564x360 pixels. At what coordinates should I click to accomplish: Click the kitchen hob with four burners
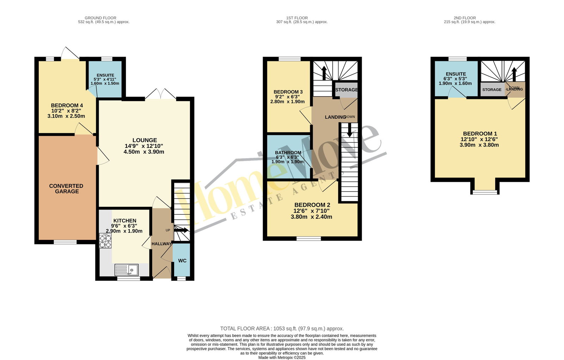[x=105, y=241]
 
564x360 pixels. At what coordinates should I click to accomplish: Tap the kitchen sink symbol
[x=127, y=270]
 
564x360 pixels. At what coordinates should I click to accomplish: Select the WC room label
[x=182, y=261]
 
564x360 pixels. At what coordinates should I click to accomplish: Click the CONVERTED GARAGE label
[x=66, y=189]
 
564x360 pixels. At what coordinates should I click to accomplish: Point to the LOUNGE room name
[x=145, y=140]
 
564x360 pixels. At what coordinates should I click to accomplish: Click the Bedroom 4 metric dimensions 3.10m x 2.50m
[x=66, y=116]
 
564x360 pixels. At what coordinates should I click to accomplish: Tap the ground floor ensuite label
[x=105, y=75]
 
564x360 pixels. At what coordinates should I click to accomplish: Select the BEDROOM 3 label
[x=288, y=92]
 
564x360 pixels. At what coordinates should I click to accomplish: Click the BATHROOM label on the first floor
[x=288, y=153]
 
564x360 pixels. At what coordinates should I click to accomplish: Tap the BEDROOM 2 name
[x=312, y=205]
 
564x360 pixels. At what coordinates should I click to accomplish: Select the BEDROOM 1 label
[x=480, y=134]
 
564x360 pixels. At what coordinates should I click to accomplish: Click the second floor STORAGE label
[x=492, y=90]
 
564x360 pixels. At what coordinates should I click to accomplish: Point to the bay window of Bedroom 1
[x=485, y=192]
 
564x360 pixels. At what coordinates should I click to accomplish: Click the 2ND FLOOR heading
[x=465, y=18]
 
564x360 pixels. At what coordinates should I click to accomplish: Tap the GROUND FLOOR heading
[x=100, y=18]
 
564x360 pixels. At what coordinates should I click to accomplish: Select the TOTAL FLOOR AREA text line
[x=282, y=329]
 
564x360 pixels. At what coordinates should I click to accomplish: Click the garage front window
[x=65, y=242]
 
